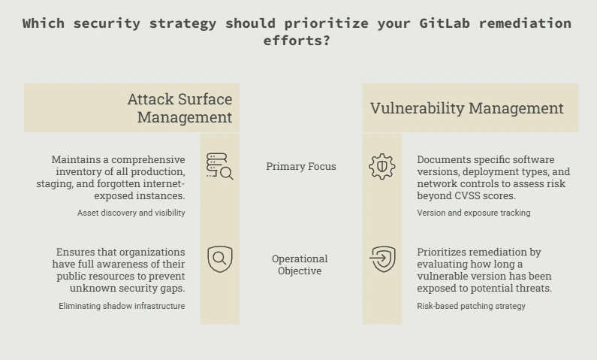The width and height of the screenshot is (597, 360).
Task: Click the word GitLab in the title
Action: [x=445, y=23]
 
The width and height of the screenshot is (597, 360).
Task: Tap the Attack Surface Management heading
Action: [x=179, y=107]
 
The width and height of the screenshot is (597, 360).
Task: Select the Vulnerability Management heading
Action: [x=467, y=108]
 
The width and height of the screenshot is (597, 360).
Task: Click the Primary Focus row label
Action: [x=301, y=166]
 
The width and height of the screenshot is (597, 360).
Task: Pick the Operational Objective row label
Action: [x=300, y=265]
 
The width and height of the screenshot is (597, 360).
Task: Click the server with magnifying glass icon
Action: [x=220, y=166]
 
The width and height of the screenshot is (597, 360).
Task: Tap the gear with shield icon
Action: [x=382, y=166]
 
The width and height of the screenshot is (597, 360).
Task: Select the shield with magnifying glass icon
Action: [x=220, y=259]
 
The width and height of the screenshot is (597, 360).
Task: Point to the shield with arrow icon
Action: [x=382, y=259]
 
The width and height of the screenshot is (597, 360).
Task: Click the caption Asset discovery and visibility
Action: [x=131, y=213]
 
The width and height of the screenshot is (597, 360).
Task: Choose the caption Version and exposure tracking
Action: [x=473, y=213]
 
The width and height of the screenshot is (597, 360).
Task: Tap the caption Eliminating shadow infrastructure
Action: [x=122, y=306]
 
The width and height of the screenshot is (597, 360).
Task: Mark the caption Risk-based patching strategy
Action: [x=471, y=306]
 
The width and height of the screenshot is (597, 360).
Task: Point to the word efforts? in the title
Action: [x=297, y=41]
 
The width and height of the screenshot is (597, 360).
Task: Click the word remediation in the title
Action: [x=525, y=23]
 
